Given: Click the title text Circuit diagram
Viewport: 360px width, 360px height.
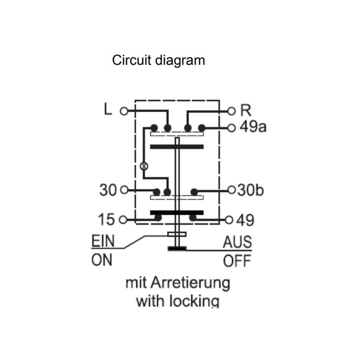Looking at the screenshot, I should coord(158,60).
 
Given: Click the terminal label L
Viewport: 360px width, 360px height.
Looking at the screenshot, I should coord(107,109).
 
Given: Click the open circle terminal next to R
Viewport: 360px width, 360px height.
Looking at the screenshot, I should coord(232,110).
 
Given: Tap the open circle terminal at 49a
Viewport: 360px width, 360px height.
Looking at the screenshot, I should coord(232,128).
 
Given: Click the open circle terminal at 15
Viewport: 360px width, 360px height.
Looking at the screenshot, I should coord(124,220).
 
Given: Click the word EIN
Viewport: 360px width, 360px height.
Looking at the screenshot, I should coord(103,242).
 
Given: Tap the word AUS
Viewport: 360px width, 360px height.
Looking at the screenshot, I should coord(237,242).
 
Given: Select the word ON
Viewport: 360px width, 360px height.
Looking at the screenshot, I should coord(102,260).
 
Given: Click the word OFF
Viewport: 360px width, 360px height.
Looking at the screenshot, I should coord(237,261).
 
